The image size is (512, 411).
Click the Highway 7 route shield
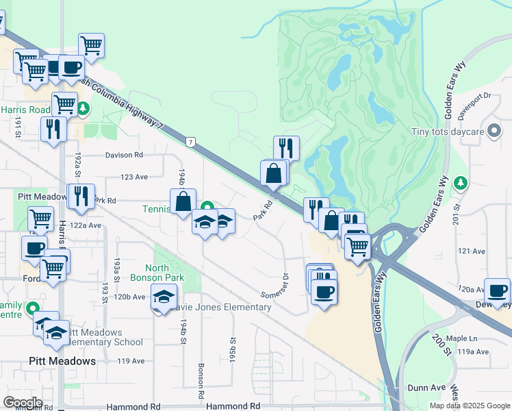(x=190, y=142)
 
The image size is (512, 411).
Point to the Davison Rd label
(x=124, y=155)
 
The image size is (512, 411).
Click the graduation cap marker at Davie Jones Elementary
(x=164, y=297)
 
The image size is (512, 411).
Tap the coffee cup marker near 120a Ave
(x=496, y=290)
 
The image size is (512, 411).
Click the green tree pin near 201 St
(x=461, y=182)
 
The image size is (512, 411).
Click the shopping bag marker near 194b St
(x=183, y=202)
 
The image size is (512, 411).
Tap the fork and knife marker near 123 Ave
(x=81, y=196)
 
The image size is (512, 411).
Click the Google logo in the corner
(x=23, y=402)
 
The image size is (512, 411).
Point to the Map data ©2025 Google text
(x=469, y=406)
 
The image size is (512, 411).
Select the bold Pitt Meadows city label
(x=62, y=360)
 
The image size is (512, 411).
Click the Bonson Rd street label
(x=201, y=380)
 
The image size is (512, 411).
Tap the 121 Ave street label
(x=471, y=251)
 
